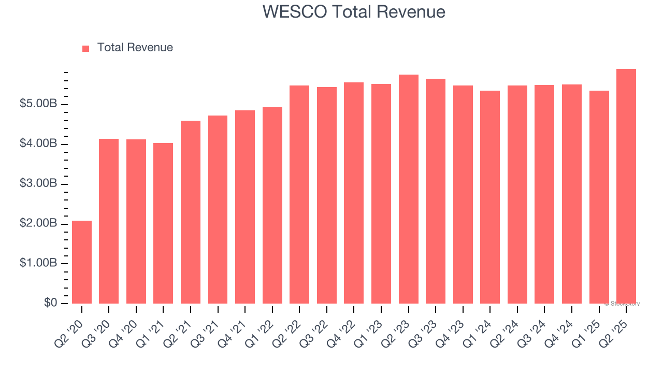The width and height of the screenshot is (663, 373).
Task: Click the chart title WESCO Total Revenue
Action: point(354,11)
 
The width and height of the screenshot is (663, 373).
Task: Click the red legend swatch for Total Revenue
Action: point(86,48)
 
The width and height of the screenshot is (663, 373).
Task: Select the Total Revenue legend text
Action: point(135,48)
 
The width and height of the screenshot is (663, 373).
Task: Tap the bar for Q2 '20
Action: point(82,262)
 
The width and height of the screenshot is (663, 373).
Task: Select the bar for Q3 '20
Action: point(109,221)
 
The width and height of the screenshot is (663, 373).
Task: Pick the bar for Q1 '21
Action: point(163,223)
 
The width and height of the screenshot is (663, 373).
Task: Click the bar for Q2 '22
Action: point(299,194)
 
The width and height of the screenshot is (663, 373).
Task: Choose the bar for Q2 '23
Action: point(408,189)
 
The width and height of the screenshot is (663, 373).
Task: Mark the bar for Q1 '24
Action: point(490,197)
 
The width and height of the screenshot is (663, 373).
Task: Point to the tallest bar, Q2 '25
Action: point(626,186)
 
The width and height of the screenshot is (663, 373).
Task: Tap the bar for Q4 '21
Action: point(245,207)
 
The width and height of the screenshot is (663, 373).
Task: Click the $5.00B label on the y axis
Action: point(38,104)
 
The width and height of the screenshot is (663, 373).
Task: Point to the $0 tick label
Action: point(51,303)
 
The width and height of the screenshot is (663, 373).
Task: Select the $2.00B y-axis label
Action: point(38,224)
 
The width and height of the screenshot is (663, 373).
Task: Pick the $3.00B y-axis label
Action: point(38,184)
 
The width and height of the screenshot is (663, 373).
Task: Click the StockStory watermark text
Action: point(622,304)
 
